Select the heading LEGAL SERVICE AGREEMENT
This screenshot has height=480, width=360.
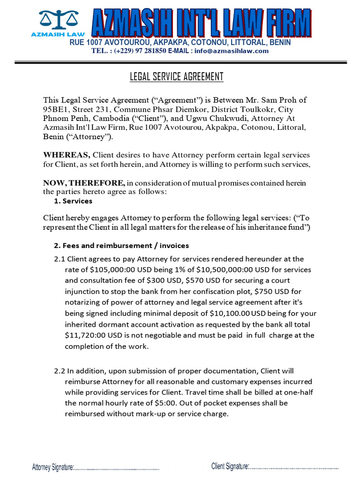[176, 77]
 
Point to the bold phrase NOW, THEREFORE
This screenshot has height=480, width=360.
[84, 182]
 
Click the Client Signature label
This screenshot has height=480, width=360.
[230, 466]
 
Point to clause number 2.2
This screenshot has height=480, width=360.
[60, 371]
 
